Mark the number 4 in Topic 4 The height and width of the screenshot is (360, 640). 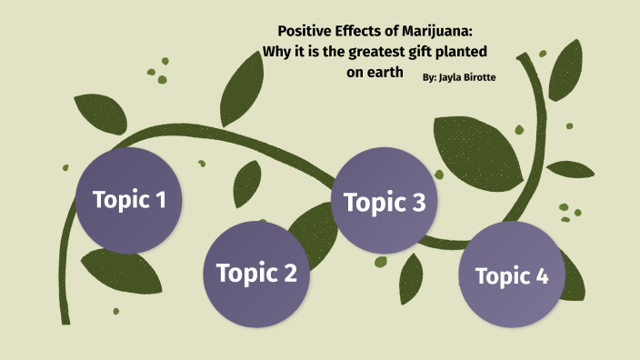[x=542, y=276]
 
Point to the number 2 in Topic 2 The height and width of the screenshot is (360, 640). [x=288, y=273]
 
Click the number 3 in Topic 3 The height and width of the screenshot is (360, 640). [x=417, y=204]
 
